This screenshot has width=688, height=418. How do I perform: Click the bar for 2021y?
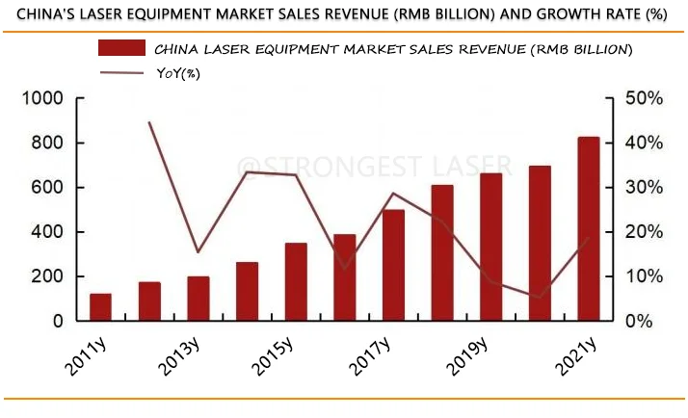click(x=588, y=228)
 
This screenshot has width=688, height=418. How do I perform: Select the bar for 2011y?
click(x=100, y=306)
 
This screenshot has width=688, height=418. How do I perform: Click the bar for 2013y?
click(x=198, y=298)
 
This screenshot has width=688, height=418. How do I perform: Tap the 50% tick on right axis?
click(x=643, y=98)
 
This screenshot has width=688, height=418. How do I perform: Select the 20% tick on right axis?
click(x=643, y=232)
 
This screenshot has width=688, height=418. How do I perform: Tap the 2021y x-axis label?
click(x=573, y=356)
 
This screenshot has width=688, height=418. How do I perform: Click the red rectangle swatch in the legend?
click(x=121, y=48)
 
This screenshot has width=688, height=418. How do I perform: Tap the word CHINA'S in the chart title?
click(x=40, y=14)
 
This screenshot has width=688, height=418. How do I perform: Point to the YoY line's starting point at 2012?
click(x=149, y=122)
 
